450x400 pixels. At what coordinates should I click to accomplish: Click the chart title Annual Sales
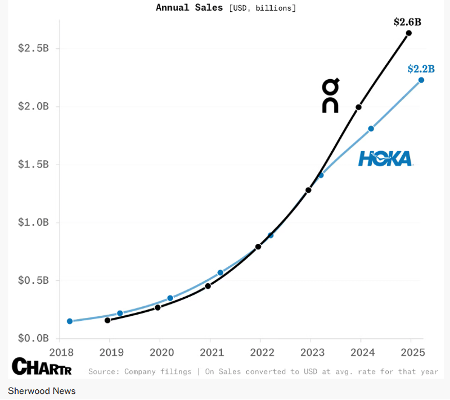tap(189, 8)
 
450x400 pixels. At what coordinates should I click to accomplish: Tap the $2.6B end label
tap(407, 22)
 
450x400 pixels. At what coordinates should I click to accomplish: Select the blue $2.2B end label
tap(421, 69)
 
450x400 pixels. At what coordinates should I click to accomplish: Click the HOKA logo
tap(385, 159)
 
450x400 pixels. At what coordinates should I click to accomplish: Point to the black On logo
tap(330, 96)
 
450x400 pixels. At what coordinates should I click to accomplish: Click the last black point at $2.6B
tap(409, 33)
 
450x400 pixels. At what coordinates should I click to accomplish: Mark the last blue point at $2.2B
tap(421, 80)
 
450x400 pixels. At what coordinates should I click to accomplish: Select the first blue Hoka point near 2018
tap(70, 321)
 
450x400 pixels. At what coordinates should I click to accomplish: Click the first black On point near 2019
tap(107, 320)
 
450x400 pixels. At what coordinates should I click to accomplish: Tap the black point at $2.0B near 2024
tap(358, 107)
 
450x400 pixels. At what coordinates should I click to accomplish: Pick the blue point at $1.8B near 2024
tap(371, 129)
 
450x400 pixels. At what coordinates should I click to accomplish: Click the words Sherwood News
tap(42, 390)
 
